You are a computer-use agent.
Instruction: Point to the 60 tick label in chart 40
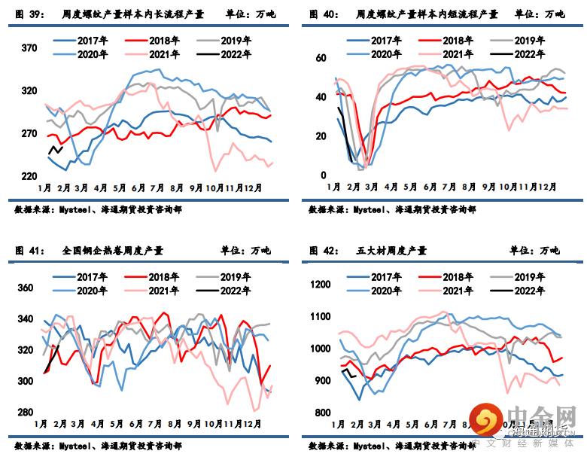[x=320, y=58]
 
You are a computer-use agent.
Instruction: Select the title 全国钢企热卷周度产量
[x=113, y=251]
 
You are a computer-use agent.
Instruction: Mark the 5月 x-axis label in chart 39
[x=120, y=187]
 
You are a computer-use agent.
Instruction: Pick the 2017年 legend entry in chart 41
[x=82, y=277]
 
